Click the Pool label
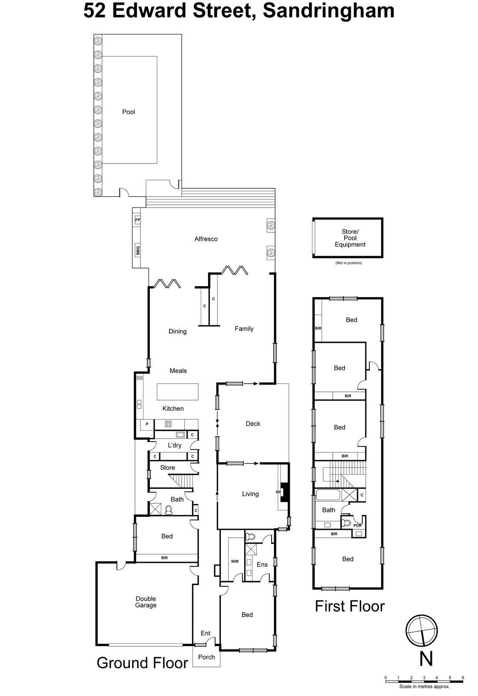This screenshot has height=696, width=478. click(x=129, y=112)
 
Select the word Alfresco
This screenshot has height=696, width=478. click(x=206, y=239)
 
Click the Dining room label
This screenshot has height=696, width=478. click(x=177, y=331)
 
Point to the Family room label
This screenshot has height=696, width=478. click(x=244, y=329)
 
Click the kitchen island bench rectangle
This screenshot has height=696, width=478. click(x=177, y=392)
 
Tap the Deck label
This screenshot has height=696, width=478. click(x=253, y=424)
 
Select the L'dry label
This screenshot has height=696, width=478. click(x=175, y=445)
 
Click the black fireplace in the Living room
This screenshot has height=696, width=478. click(x=284, y=492)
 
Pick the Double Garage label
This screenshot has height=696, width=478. click(x=146, y=602)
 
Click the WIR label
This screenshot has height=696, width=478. click(x=235, y=562)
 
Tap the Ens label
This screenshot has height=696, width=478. click(x=262, y=565)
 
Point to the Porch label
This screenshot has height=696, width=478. click(x=206, y=657)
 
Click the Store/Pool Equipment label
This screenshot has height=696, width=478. click(x=350, y=238)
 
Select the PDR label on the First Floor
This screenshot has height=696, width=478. click(x=357, y=525)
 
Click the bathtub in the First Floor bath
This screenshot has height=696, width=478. click(x=329, y=495)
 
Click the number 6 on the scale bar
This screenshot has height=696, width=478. click(x=463, y=678)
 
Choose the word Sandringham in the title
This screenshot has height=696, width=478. click(x=329, y=11)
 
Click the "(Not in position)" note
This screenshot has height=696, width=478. click(x=348, y=263)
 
